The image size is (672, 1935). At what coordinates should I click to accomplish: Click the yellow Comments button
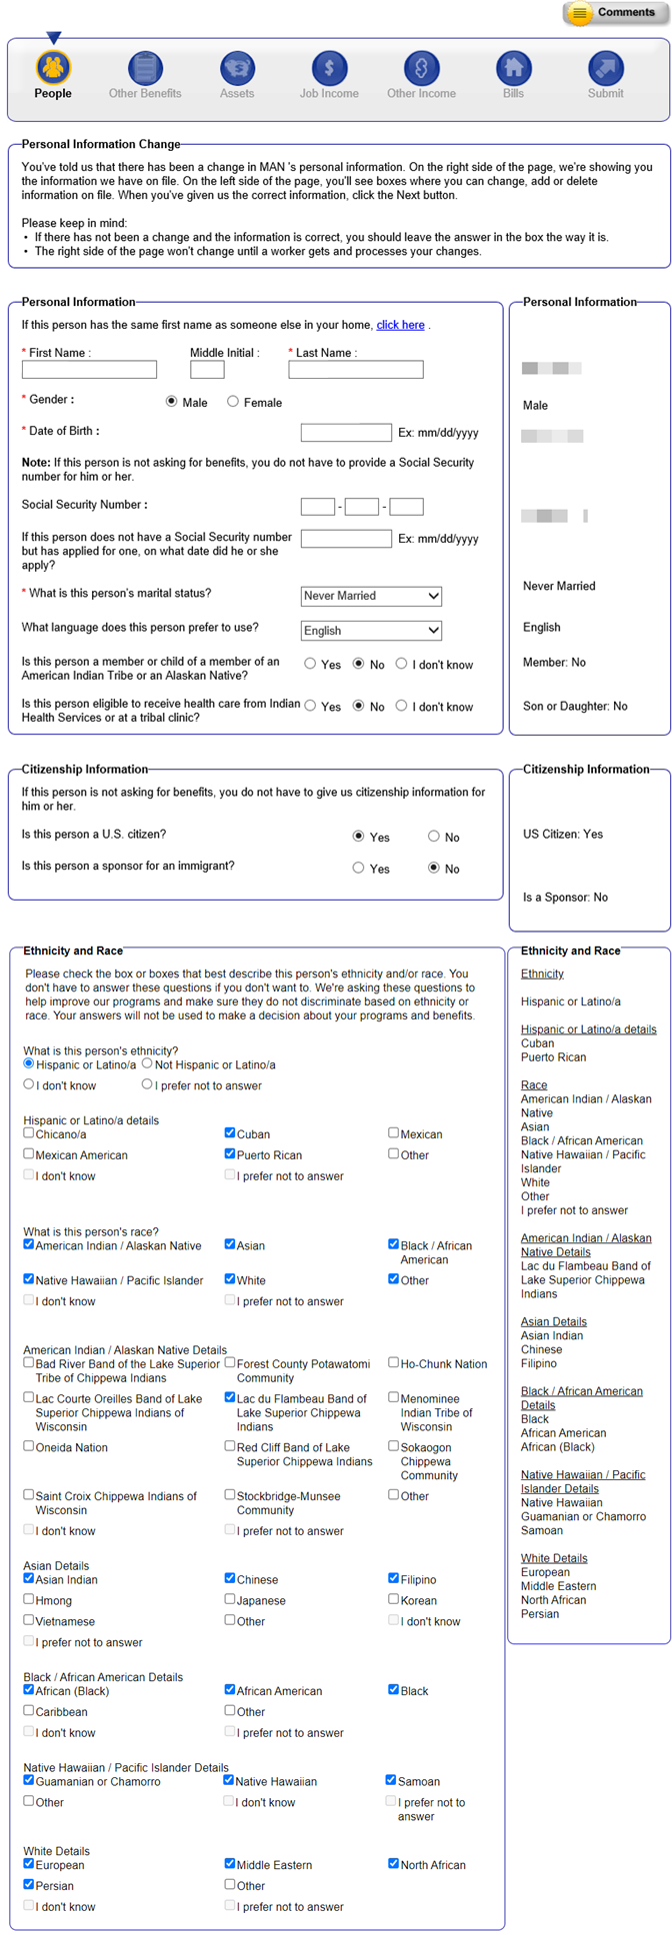613,13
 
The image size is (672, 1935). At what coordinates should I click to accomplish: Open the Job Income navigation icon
329,68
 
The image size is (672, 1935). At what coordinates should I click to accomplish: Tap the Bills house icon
513,68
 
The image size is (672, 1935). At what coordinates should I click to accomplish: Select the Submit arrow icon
605,68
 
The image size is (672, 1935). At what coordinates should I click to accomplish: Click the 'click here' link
400,325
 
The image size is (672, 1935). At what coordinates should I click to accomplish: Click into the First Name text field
89,370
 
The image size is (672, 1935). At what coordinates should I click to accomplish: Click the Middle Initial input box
207,370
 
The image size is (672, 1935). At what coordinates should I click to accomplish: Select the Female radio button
233,402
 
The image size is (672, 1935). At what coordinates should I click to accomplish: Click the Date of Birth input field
346,433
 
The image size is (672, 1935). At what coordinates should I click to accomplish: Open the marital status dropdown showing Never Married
371,596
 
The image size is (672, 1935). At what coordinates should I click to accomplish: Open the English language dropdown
371,631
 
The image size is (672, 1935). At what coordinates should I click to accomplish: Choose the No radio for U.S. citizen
434,837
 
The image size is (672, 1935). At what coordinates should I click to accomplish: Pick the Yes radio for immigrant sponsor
358,869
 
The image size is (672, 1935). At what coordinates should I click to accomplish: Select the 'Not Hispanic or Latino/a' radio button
147,1063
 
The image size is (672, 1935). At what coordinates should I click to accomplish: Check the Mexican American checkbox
29,1153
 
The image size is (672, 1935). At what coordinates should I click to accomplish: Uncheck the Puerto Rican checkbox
230,1153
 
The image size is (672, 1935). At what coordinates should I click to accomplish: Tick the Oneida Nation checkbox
29,1446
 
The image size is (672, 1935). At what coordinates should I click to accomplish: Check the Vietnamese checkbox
29,1620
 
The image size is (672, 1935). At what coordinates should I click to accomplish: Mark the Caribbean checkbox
29,1710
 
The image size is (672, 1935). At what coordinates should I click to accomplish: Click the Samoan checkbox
391,1780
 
